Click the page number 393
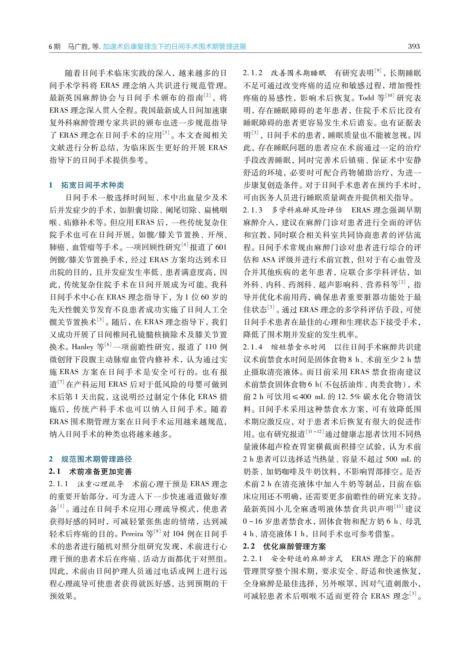coord(414,47)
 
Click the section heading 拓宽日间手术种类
coord(92,185)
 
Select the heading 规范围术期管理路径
coord(96,459)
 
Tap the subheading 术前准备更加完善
coord(100,471)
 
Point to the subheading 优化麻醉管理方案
coord(294,546)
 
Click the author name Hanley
coord(82,347)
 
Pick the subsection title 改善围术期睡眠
coord(298,73)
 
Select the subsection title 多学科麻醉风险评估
coord(307,210)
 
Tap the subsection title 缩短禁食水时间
coord(298,347)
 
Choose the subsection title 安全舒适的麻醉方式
coord(307,559)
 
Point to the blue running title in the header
coord(174,47)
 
